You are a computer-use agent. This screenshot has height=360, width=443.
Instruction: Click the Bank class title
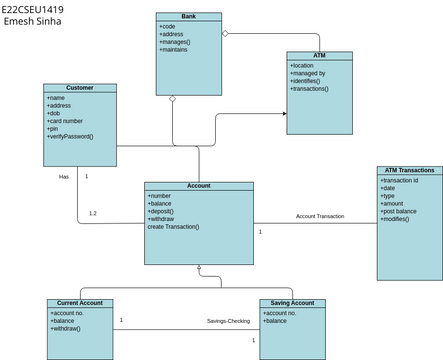[188, 17]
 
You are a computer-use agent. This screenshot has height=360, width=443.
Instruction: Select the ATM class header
[319, 56]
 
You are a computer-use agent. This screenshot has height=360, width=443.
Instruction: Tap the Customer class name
[79, 88]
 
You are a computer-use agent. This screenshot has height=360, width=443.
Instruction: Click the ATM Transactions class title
[409, 170]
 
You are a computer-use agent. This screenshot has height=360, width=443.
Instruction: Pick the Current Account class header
[81, 302]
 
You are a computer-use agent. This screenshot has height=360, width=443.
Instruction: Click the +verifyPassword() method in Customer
[71, 136]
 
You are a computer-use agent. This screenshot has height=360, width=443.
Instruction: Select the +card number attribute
[67, 120]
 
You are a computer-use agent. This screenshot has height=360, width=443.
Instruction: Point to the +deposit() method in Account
[162, 211]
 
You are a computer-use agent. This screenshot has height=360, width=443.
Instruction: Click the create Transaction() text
[174, 227]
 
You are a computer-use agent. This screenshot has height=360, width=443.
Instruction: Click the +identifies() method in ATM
[310, 81]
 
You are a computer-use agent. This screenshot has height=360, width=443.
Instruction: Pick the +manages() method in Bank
[175, 42]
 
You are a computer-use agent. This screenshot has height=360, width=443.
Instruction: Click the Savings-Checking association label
[228, 321]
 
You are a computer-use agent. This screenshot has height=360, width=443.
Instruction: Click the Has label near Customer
[64, 176]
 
